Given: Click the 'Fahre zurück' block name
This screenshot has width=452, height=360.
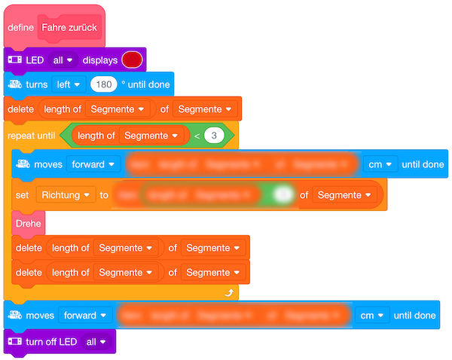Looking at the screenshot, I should point(69,27).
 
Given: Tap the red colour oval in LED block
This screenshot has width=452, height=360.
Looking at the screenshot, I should point(133,59).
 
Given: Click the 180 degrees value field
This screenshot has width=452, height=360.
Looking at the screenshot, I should point(102,84).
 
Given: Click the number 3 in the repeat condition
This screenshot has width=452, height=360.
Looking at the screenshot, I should point(215,136).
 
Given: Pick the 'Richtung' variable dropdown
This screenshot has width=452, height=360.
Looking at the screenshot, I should point(66,195).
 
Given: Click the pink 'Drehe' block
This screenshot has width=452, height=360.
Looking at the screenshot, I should point(28,223).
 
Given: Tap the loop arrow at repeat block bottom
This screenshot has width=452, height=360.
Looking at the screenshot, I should point(228,291).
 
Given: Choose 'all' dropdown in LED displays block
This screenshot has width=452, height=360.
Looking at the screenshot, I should point(63,59).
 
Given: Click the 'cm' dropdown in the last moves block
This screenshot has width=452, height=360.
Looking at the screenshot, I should point(374,316).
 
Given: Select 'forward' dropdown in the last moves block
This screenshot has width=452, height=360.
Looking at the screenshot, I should point(86,316).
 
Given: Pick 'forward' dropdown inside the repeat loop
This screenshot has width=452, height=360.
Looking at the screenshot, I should point(93,163).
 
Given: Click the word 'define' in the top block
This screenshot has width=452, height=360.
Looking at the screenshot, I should point(20,27).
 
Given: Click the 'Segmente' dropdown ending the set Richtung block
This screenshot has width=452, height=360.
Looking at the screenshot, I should point(344,195).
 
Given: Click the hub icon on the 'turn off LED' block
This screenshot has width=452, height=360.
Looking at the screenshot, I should point(14,341).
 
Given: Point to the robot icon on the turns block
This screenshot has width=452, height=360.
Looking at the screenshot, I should point(14,84).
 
